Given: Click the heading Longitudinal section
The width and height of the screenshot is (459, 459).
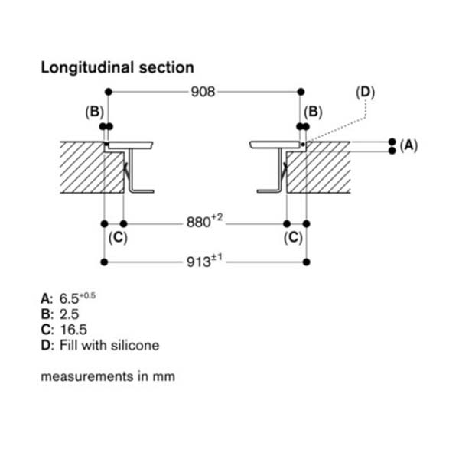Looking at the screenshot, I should [x=117, y=67].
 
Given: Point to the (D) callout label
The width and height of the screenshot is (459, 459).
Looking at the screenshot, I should [x=366, y=93].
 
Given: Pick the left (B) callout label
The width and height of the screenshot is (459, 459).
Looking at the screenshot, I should [x=93, y=112].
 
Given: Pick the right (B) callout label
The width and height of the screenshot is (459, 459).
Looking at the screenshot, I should [x=314, y=112].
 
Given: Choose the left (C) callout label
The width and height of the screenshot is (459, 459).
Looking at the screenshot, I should [x=117, y=238].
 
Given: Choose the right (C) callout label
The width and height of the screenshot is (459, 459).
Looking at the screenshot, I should [x=294, y=238].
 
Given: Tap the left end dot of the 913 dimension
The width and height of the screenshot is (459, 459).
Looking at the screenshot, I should [x=104, y=262].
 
